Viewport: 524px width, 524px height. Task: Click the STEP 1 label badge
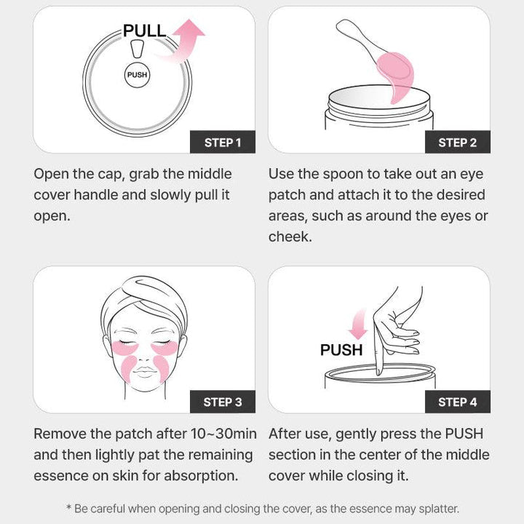(222, 142)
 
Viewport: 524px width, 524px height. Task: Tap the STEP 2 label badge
(457, 142)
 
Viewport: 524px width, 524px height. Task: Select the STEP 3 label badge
(222, 402)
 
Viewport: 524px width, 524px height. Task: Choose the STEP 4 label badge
(457, 402)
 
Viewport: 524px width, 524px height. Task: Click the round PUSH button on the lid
(137, 75)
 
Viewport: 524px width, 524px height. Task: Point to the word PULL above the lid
(145, 31)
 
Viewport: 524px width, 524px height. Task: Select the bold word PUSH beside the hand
(341, 350)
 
